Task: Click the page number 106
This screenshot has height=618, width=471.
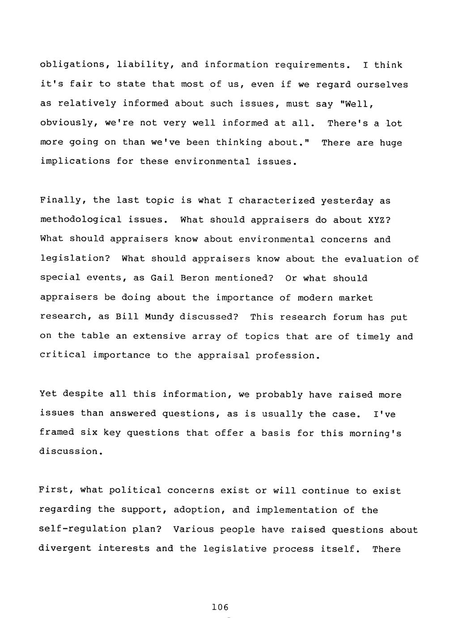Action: [x=220, y=607]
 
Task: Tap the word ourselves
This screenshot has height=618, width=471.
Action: [x=382, y=84]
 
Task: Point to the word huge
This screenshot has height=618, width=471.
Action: [x=391, y=142]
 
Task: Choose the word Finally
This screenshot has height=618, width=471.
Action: [x=63, y=200]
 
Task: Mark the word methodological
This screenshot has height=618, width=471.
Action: [x=81, y=219]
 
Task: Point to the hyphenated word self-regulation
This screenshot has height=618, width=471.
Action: [x=83, y=529]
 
